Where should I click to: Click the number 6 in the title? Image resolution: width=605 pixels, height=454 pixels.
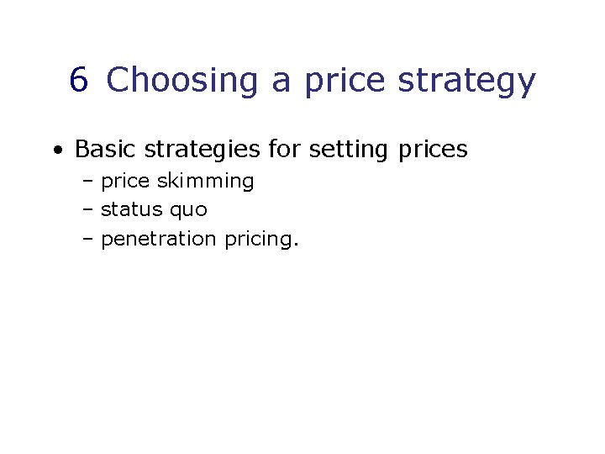(79, 81)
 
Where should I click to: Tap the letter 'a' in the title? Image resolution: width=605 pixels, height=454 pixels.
(281, 82)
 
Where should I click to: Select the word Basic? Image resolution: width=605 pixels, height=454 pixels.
(107, 150)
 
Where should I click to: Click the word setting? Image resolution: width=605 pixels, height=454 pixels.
(349, 150)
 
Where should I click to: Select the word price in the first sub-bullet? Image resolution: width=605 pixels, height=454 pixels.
(126, 182)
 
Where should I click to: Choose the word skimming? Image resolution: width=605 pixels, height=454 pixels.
(206, 182)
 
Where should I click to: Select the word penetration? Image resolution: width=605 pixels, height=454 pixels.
(159, 239)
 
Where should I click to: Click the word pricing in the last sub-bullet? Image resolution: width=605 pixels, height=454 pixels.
(260, 240)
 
